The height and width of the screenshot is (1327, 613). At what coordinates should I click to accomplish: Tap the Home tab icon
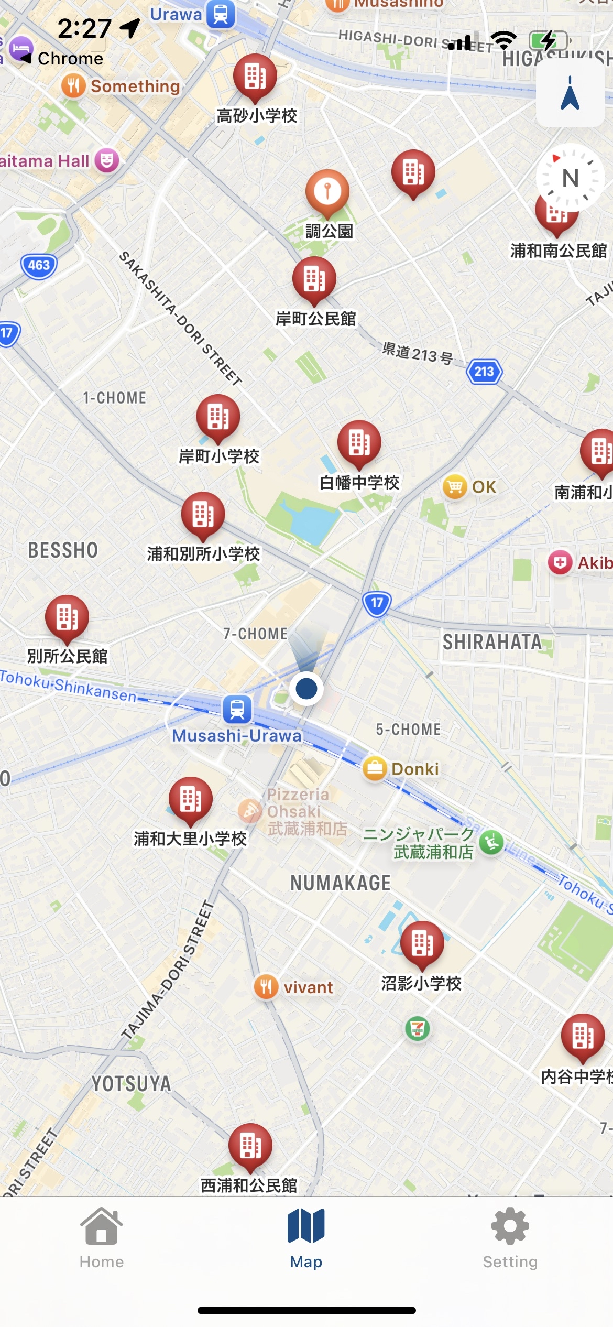click(x=101, y=1226)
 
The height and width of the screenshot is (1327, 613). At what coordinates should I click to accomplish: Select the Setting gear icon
click(x=510, y=1226)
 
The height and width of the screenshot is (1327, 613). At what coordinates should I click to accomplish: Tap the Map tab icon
click(x=306, y=1226)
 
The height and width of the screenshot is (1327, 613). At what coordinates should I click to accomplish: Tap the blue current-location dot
click(x=306, y=688)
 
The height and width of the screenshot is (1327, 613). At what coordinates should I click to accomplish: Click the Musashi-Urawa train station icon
click(x=237, y=710)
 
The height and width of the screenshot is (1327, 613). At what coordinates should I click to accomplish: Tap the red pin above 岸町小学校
click(x=218, y=417)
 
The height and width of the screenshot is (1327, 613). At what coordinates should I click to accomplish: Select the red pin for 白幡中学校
click(x=359, y=443)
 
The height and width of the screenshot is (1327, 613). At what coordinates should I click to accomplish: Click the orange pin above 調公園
click(x=327, y=191)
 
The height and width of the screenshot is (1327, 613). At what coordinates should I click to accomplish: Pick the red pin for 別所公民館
click(x=67, y=617)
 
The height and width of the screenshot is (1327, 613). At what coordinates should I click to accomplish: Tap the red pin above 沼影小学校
click(x=422, y=943)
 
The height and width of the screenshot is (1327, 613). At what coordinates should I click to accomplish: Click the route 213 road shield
click(x=484, y=372)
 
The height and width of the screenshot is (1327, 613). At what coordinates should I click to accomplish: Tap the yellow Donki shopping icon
click(x=375, y=769)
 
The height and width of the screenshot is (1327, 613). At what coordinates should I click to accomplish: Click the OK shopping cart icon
click(x=455, y=487)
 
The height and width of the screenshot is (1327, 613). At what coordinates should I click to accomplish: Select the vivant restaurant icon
click(x=266, y=987)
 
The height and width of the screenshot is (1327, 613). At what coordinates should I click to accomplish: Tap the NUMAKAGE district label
click(x=341, y=883)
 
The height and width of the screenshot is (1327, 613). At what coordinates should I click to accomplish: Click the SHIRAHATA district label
click(x=492, y=642)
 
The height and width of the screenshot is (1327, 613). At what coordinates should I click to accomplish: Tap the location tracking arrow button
click(x=570, y=93)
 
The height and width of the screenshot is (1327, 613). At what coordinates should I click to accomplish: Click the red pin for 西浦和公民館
click(x=250, y=1146)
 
